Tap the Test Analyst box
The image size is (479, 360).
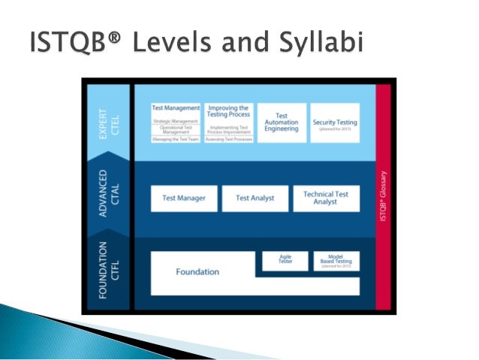tap(255, 198)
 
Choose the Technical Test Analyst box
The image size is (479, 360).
tap(326, 198)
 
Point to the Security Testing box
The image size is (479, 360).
tap(336, 123)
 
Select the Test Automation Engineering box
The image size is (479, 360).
tap(282, 123)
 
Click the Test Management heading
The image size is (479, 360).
tap(176, 108)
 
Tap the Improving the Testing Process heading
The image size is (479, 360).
tap(227, 110)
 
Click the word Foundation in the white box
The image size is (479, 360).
tap(197, 272)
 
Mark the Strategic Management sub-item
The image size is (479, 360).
tap(176, 121)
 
